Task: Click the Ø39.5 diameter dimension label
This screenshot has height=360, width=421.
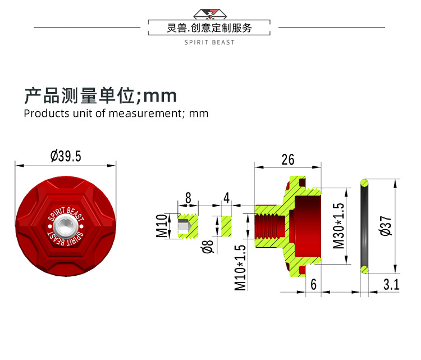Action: click(x=66, y=156)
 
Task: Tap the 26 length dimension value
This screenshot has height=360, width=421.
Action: click(x=288, y=160)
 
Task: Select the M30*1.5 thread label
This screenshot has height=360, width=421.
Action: click(x=338, y=226)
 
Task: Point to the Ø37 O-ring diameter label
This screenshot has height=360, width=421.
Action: click(x=386, y=226)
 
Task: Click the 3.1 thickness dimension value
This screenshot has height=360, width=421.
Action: click(x=391, y=285)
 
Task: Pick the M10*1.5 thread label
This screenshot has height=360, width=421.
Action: click(x=240, y=267)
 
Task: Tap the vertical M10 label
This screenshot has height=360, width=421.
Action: click(x=162, y=226)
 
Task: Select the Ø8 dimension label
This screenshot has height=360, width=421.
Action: click(x=208, y=247)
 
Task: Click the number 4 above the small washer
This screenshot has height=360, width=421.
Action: click(x=227, y=198)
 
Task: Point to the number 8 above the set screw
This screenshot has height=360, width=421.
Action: click(x=188, y=198)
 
